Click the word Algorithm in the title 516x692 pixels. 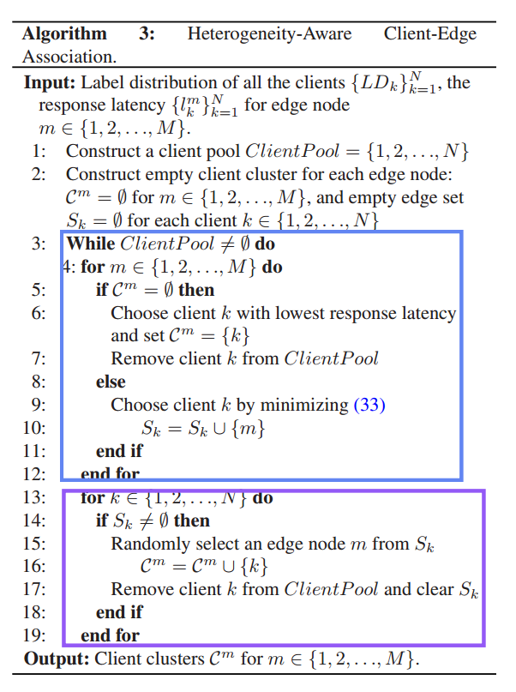64,35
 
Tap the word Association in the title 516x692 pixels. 69,57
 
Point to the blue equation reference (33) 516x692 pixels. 369,405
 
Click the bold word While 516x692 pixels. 91,244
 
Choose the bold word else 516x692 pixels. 111,382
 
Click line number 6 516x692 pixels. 39,313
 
